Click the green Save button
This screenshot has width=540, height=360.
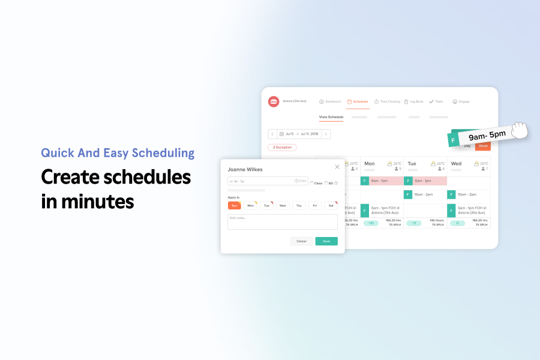click(326, 241)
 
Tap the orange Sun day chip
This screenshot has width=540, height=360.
click(234, 205)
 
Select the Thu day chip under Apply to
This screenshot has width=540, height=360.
click(299, 205)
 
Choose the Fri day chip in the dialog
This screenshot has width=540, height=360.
click(315, 205)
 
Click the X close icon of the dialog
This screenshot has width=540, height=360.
click(337, 167)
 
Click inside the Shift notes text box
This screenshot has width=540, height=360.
click(283, 222)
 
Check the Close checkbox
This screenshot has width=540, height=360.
click(312, 183)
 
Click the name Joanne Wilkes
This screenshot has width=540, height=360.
click(245, 170)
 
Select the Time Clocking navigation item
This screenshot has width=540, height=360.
click(387, 101)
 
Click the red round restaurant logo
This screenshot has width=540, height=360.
click(274, 102)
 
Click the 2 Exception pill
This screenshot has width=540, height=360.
click(282, 147)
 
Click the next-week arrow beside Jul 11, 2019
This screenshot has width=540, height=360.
click(326, 134)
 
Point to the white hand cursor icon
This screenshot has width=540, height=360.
click(518, 130)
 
